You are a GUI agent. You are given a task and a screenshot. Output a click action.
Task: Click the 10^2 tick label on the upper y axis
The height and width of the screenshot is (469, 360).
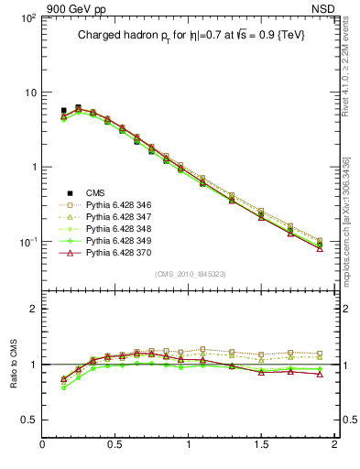click(x=27, y=18)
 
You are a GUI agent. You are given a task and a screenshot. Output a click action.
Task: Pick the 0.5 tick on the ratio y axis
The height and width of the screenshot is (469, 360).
click(x=27, y=420)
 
